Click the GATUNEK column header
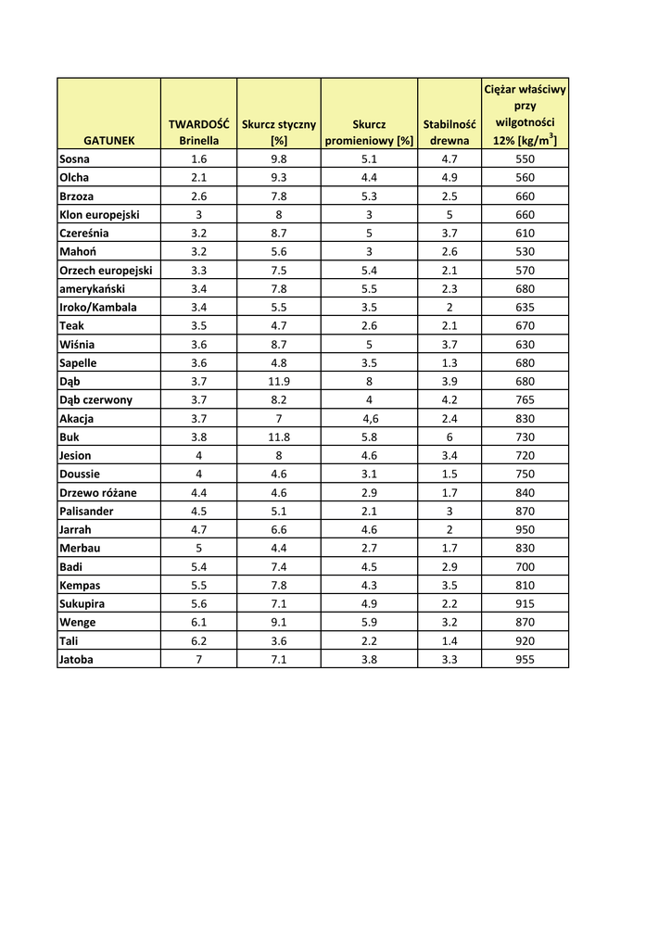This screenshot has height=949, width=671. pos(108,141)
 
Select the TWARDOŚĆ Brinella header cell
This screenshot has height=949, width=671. pos(198,132)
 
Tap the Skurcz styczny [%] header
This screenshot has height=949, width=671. pos(278,132)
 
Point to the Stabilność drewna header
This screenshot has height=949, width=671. pos(449,132)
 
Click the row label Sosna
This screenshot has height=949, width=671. pos(74,158)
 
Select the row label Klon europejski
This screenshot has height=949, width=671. pos(99,214)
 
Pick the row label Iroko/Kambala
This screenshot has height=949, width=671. pos(97,307)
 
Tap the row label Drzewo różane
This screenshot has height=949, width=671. pos(97,492)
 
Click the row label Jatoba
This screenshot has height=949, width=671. pos(76,659)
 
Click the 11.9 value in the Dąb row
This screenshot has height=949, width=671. pos(278,381)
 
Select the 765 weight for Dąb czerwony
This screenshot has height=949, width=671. pos(525,399)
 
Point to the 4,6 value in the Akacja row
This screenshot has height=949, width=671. pos(369,418)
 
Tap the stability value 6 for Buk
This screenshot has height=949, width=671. pos(449,437)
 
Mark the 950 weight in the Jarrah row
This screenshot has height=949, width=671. pos(525,529)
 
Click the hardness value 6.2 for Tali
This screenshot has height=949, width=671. pos(198,640)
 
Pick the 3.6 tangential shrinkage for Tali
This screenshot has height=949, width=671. pos(278,640)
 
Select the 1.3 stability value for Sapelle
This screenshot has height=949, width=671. pos(449,362)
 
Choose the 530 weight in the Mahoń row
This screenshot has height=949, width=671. pos(525,251)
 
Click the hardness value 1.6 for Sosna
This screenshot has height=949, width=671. pos(198,158)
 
